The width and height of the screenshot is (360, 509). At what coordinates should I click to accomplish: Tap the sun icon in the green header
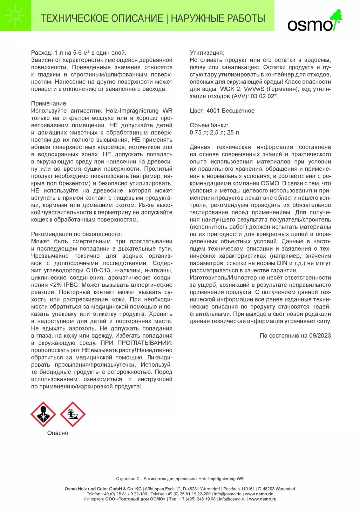(x=16, y=15)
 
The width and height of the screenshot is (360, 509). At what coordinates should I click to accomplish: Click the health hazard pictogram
(x=43, y=414)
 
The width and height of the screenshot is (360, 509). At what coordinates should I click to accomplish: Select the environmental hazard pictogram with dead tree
(x=73, y=414)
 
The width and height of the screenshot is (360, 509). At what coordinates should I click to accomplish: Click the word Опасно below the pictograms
(x=57, y=433)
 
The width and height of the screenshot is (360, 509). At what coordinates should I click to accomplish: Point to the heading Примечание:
(x=49, y=103)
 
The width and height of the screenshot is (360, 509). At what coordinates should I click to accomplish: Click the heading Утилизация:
(x=207, y=53)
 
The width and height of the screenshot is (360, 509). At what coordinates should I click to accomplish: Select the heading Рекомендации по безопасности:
(x=76, y=234)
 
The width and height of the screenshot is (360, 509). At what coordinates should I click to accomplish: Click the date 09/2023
(x=320, y=335)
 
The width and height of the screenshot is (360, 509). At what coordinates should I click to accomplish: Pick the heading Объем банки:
(x=209, y=125)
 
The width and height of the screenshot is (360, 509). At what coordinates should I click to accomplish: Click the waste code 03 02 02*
(x=264, y=96)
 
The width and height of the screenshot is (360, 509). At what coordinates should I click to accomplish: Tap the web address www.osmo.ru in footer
(x=263, y=499)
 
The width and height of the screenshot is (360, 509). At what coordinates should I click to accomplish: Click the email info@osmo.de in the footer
(x=228, y=494)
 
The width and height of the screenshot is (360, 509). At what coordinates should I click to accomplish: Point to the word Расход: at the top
(x=41, y=53)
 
